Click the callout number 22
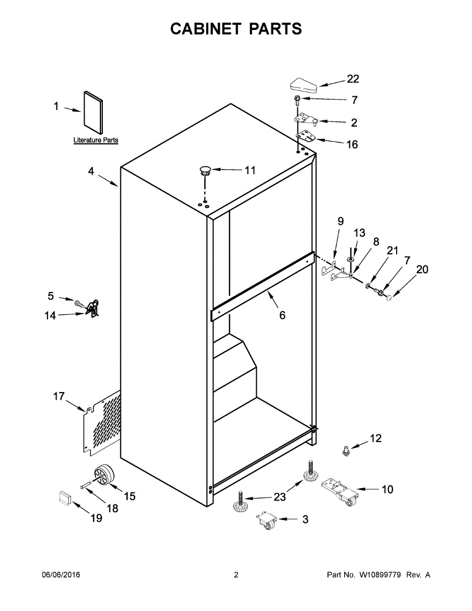353,79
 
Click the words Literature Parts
96,140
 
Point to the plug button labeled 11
205,170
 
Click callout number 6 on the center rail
282,315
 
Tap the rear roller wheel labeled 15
104,476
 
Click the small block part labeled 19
64,497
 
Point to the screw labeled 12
346,451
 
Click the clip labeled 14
92,309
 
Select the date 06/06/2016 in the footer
61,575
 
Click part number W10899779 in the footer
380,575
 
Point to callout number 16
352,145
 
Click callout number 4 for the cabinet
91,172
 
